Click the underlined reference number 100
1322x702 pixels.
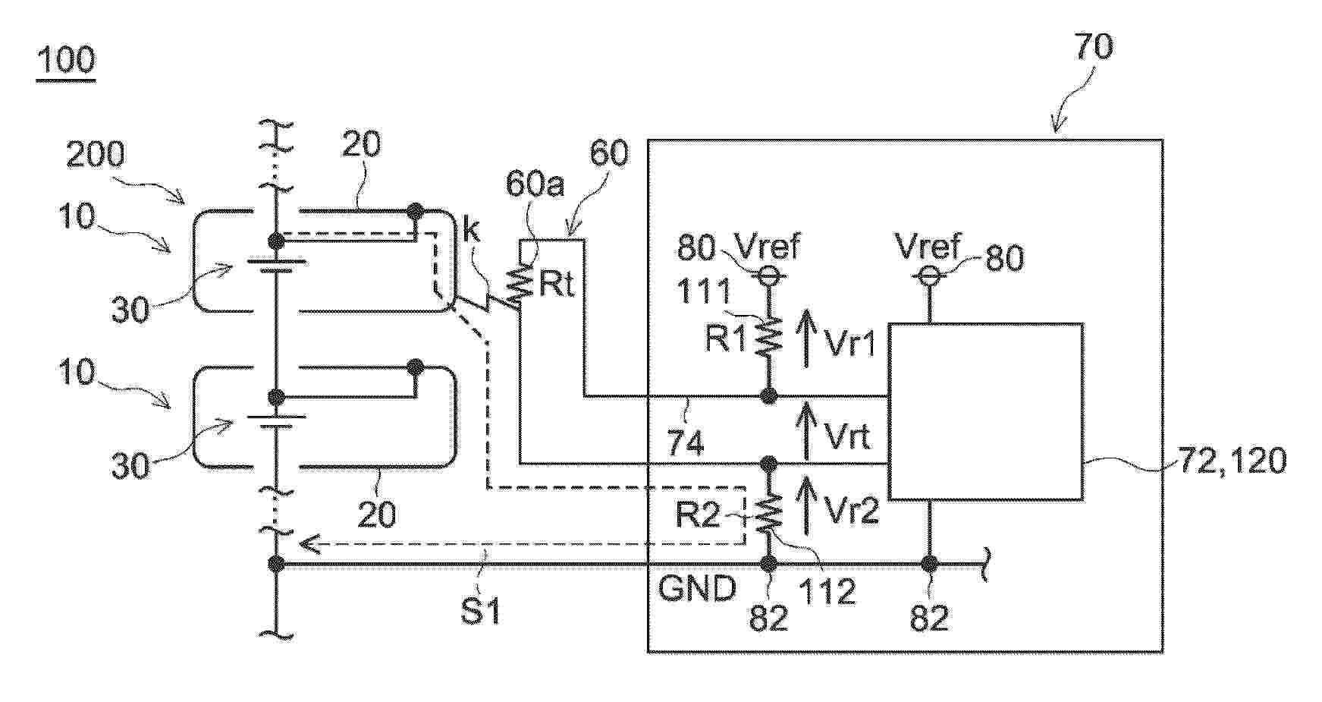point(65,60)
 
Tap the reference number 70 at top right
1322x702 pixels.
point(1093,47)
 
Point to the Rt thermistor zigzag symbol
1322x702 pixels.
point(520,285)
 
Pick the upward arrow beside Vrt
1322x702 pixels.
point(808,430)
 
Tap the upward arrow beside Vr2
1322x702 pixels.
point(808,502)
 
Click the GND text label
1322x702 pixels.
point(697,588)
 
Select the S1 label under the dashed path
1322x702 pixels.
point(482,611)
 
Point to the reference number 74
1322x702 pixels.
point(685,442)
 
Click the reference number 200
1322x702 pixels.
point(96,155)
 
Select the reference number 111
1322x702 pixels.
point(704,291)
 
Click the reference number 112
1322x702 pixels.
point(829,591)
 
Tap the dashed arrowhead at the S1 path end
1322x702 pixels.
point(309,543)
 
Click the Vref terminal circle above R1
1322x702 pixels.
point(768,277)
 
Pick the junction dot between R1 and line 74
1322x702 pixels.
point(768,395)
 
